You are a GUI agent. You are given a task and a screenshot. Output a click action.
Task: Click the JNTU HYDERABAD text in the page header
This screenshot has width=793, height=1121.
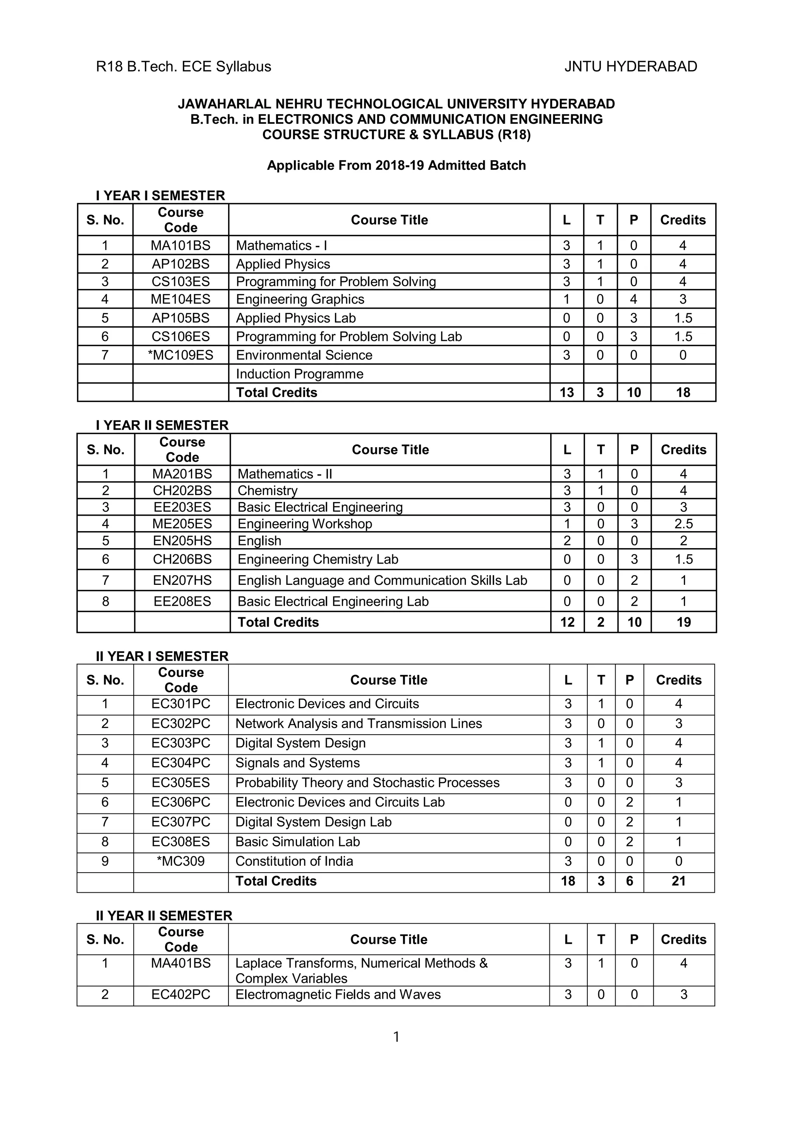click(630, 67)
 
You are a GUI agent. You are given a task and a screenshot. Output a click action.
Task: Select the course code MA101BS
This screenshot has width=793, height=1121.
click(180, 246)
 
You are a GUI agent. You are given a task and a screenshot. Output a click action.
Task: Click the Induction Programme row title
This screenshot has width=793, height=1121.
click(299, 374)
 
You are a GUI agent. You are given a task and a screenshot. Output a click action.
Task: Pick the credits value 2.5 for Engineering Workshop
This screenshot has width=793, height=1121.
click(683, 524)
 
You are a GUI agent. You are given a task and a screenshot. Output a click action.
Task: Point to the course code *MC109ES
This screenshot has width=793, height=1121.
click(180, 355)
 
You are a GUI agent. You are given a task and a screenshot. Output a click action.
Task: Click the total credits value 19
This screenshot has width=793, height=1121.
click(683, 622)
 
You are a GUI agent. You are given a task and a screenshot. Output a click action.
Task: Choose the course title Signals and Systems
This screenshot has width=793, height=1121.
click(297, 763)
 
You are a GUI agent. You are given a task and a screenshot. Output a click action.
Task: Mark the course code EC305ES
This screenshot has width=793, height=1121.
click(180, 783)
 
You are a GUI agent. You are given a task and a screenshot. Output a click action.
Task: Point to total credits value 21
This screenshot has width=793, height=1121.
click(678, 881)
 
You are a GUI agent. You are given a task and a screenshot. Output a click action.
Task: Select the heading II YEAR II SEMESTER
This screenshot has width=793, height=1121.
click(164, 916)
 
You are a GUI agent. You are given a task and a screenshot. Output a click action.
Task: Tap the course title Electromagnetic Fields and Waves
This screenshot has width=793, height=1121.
click(338, 995)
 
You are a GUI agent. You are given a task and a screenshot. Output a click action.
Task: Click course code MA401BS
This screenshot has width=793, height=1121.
click(180, 963)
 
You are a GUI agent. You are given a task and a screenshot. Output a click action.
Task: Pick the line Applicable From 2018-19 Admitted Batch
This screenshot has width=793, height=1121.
click(396, 166)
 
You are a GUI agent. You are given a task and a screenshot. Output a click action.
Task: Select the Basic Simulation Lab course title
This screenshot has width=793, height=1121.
click(297, 841)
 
